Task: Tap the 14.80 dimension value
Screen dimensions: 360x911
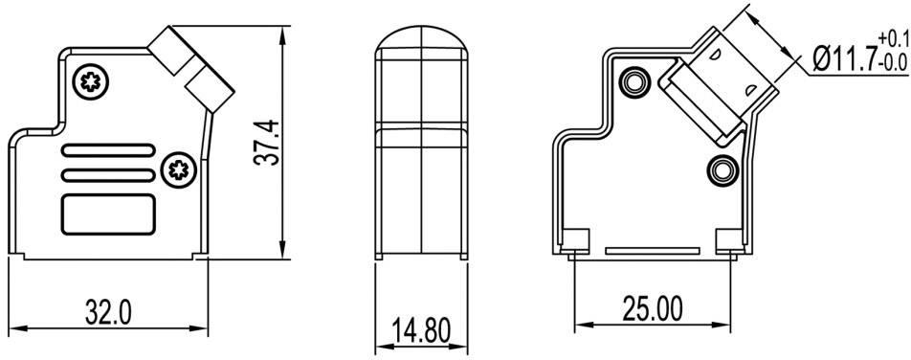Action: (422, 332)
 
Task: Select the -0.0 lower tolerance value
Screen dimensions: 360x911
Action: (890, 64)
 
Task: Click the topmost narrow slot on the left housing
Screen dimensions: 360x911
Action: (107, 150)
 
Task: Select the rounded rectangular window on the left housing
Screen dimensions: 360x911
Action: (108, 213)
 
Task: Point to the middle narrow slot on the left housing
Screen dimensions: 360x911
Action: (107, 175)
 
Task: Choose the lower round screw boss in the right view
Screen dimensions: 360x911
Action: (722, 170)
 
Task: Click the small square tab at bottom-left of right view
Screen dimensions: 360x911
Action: (575, 240)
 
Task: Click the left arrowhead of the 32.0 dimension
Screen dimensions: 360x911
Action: (13, 330)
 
